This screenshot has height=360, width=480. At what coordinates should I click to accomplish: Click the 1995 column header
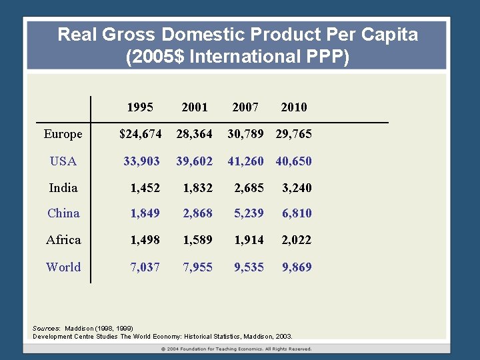pos(140,107)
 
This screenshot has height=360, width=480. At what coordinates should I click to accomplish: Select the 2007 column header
pos(245,107)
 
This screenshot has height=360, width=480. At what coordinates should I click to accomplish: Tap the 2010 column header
pos(294,107)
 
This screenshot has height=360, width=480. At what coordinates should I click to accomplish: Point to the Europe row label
pos(63,134)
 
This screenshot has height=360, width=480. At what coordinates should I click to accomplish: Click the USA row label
pos(63,161)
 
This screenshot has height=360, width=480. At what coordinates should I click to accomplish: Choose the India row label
pos(63,188)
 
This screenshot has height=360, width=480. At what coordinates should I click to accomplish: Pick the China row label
pos(63,213)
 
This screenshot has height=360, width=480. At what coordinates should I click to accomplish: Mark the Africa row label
pos(63,240)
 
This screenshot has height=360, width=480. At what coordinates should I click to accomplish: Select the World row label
pos(63,267)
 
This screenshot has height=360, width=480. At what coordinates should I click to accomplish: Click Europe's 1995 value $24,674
pos(140,134)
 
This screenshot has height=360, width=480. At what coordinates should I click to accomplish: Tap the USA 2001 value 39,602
pos(194,161)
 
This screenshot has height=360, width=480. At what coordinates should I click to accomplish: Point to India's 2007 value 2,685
pos(249,188)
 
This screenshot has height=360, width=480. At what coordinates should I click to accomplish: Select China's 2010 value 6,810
pos(297,213)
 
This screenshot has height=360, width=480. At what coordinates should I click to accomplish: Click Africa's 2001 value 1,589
pos(198,240)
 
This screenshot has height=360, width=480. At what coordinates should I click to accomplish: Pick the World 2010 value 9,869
pos(297,267)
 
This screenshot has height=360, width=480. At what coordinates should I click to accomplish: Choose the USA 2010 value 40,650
pos(294,161)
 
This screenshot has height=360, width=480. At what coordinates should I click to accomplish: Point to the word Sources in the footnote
pos(46,329)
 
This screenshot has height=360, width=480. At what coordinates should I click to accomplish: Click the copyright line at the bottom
pos(237,349)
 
